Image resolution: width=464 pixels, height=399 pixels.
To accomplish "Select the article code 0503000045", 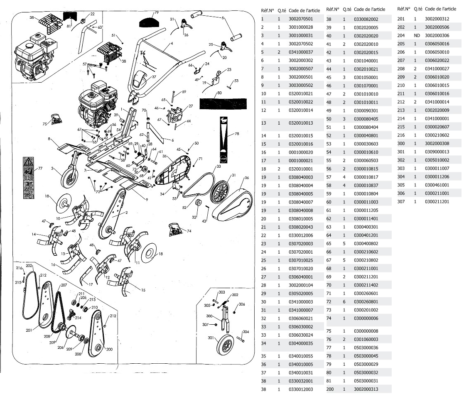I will click(366, 356).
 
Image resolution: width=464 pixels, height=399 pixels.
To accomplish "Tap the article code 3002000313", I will click(366, 389).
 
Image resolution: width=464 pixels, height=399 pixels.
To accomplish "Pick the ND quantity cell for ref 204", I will click(417, 36).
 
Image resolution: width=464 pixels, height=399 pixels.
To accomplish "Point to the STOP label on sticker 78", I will click(223, 158).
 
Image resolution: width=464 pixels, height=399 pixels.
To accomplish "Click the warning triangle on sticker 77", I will click(28, 161).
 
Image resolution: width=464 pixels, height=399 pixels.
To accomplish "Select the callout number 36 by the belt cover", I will click(246, 178).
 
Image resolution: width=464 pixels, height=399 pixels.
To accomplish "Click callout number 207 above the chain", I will click(64, 285).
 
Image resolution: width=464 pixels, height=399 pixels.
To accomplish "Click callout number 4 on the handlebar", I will click(172, 44).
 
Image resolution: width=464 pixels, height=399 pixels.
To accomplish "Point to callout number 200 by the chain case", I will click(110, 349).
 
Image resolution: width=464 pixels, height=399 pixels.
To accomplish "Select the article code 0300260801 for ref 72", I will click(366, 301).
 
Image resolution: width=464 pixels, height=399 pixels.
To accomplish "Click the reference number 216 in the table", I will click(401, 135).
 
